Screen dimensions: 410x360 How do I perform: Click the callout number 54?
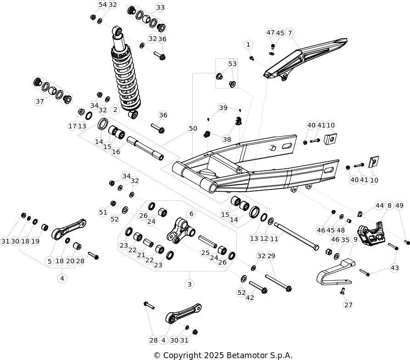(x=103, y=5)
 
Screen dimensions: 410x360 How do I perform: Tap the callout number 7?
(x=290, y=33)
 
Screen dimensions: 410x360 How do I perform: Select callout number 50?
(x=193, y=128)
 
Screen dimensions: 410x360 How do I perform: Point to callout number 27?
(x=348, y=305)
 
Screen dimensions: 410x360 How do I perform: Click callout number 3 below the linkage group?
(x=189, y=284)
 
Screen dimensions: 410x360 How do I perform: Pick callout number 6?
(x=191, y=214)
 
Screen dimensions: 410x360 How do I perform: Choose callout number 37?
(x=39, y=101)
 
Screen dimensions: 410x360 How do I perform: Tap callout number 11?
(x=274, y=238)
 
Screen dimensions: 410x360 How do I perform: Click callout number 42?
(x=249, y=298)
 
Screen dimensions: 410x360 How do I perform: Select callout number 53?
(x=232, y=64)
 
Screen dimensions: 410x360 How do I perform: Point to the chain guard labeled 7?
(x=305, y=59)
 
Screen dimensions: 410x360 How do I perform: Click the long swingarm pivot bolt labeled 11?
(x=297, y=237)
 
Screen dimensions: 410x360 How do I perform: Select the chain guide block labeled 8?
(x=371, y=233)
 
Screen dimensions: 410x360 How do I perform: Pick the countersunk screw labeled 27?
(x=342, y=290)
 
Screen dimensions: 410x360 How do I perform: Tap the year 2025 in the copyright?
(x=214, y=355)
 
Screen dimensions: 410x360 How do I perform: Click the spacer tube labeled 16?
(x=145, y=149)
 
